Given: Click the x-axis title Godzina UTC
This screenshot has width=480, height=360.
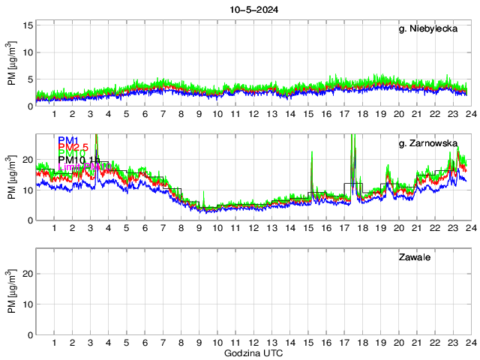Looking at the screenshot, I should click(x=253, y=352).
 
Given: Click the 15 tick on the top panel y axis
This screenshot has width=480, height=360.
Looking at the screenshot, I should click(x=28, y=25).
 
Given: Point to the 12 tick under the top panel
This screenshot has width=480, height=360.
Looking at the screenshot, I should click(x=253, y=114).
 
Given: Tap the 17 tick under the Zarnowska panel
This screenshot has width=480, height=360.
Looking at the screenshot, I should click(x=343, y=228).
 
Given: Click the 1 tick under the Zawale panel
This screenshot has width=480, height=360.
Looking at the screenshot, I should click(x=55, y=342).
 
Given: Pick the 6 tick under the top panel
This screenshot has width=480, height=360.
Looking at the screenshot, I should click(x=145, y=114).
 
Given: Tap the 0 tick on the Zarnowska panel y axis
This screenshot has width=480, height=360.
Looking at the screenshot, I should click(x=31, y=220).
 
